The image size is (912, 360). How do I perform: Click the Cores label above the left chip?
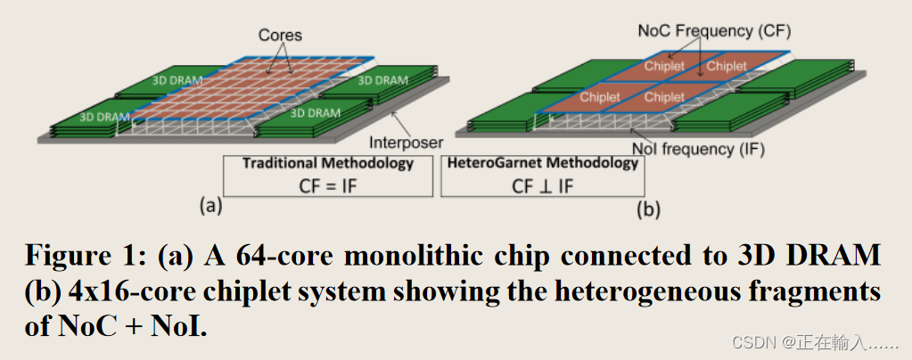point(280,36)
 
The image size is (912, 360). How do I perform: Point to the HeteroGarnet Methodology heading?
point(542,163)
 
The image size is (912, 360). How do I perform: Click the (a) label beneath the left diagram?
point(210,206)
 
